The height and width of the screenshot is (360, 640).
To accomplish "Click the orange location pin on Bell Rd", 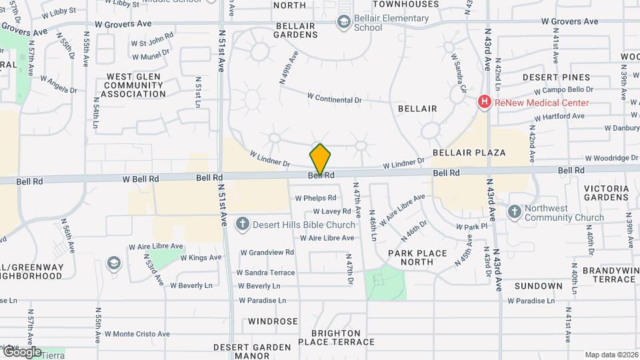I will pyautogui.click(x=320, y=159).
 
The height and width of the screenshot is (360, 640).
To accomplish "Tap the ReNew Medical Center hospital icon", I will pyautogui.click(x=485, y=103).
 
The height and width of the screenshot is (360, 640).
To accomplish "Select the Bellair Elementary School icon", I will pyautogui.click(x=344, y=23).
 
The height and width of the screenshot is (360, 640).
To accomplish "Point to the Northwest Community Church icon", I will pyautogui.click(x=514, y=212).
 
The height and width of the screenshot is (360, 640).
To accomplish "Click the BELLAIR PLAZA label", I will pyautogui.click(x=469, y=153).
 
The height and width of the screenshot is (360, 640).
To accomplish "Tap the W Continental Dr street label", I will pyautogui.click(x=334, y=98).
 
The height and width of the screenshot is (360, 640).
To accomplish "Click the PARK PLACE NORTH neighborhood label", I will pyautogui.click(x=411, y=257).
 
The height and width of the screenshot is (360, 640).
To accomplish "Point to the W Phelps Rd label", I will pyautogui.click(x=315, y=198).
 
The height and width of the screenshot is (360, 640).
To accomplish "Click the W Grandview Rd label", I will pyautogui.click(x=267, y=252).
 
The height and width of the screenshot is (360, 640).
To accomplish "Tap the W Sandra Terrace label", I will pyautogui.click(x=265, y=273).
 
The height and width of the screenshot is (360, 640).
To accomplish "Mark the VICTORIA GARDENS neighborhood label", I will pyautogui.click(x=606, y=193).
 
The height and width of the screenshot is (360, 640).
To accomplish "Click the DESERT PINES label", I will pyautogui.click(x=565, y=77).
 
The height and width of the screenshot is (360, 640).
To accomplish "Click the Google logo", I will pyautogui.click(x=21, y=351).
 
